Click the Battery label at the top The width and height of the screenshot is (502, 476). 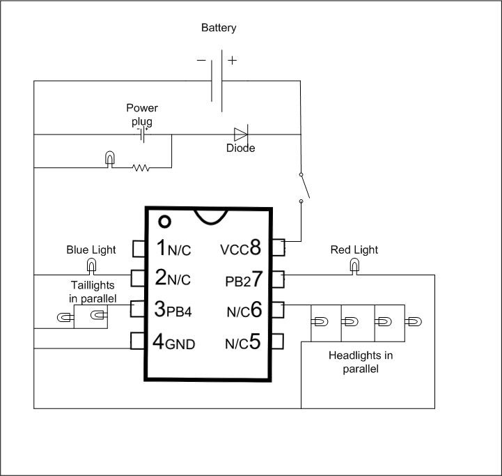click(x=219, y=29)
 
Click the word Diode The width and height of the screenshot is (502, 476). click(x=241, y=148)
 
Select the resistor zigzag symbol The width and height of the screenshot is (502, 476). click(x=141, y=167)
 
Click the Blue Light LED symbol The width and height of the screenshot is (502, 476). click(x=91, y=266)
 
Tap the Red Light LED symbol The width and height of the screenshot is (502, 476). click(x=354, y=266)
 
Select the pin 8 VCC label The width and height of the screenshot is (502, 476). click(x=240, y=247)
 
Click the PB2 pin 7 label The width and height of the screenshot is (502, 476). click(x=244, y=280)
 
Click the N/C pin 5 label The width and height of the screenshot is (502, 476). click(x=243, y=342)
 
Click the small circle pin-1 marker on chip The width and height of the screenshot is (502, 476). click(x=164, y=222)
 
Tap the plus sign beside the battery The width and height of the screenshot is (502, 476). click(x=232, y=61)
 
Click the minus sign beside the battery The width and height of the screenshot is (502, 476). click(x=201, y=61)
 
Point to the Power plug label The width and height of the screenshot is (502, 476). click(x=142, y=114)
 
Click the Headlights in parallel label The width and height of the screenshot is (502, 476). click(x=360, y=362)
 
